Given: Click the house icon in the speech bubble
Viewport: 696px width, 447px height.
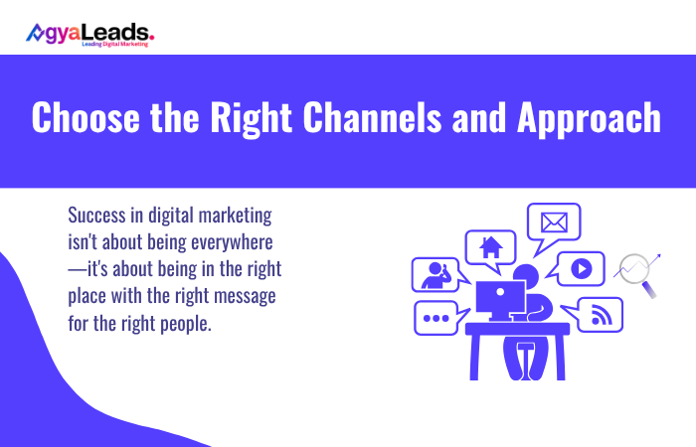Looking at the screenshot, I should (490, 246).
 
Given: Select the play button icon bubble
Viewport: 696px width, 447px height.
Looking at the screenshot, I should (582, 267).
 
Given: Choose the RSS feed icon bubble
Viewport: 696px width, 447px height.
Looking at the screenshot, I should (600, 315).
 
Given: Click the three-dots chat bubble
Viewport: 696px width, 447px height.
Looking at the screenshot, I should (436, 318).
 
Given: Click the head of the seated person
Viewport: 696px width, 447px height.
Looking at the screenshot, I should (526, 275).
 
